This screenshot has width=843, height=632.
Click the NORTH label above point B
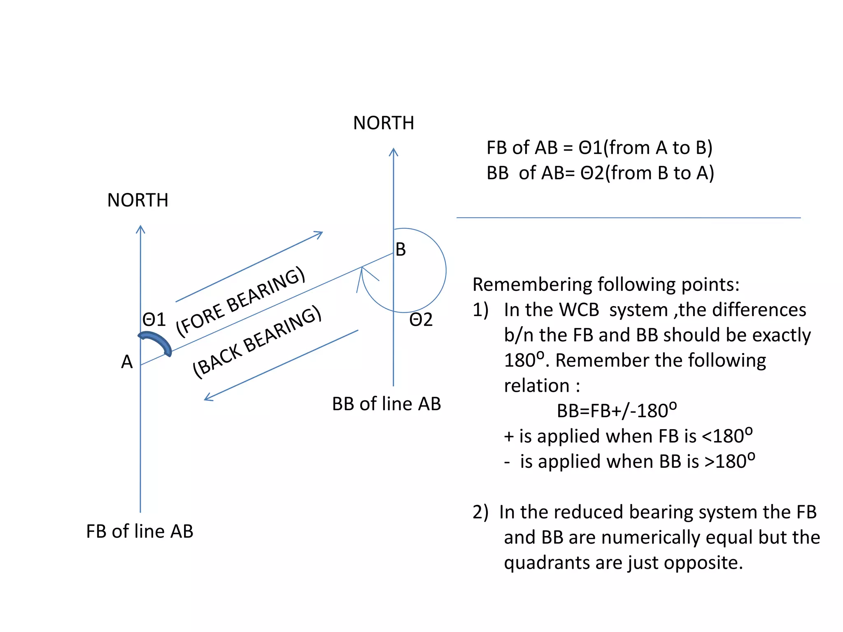pyautogui.click(x=383, y=123)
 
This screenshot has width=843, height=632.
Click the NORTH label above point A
pyautogui.click(x=137, y=200)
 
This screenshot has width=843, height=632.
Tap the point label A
pyautogui.click(x=127, y=362)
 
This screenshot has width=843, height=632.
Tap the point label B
pyautogui.click(x=401, y=249)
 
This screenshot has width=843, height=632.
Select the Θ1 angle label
pyautogui.click(x=154, y=320)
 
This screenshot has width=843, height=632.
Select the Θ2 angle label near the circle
pyautogui.click(x=421, y=320)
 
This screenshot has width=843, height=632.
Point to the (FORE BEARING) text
pyautogui.click(x=241, y=301)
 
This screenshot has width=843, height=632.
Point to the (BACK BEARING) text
pyautogui.click(x=257, y=342)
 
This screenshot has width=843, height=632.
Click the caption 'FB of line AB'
pyautogui.click(x=140, y=531)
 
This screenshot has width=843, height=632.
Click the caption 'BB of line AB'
pyautogui.click(x=386, y=404)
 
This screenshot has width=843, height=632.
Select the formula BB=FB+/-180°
pyautogui.click(x=617, y=411)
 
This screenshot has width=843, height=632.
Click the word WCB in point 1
pyautogui.click(x=572, y=310)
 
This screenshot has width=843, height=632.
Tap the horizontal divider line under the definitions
pyautogui.click(x=628, y=218)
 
